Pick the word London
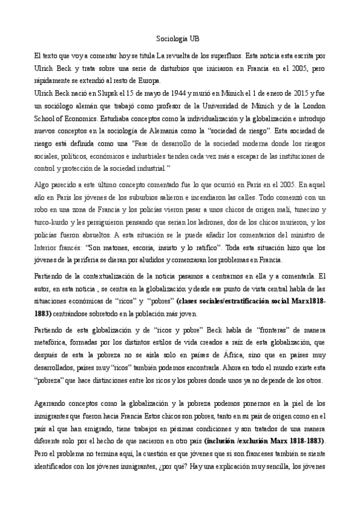coord(313,106)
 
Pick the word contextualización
coord(107,275)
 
